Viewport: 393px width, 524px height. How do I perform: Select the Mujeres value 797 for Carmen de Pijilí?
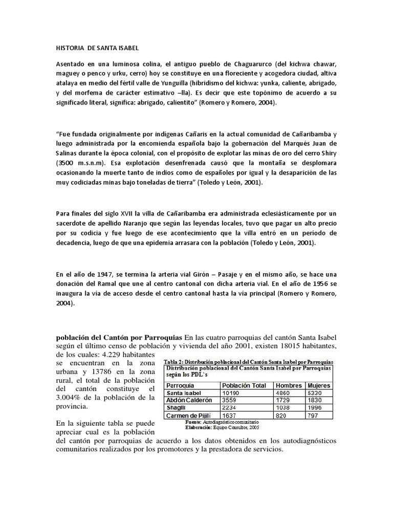[312, 416]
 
